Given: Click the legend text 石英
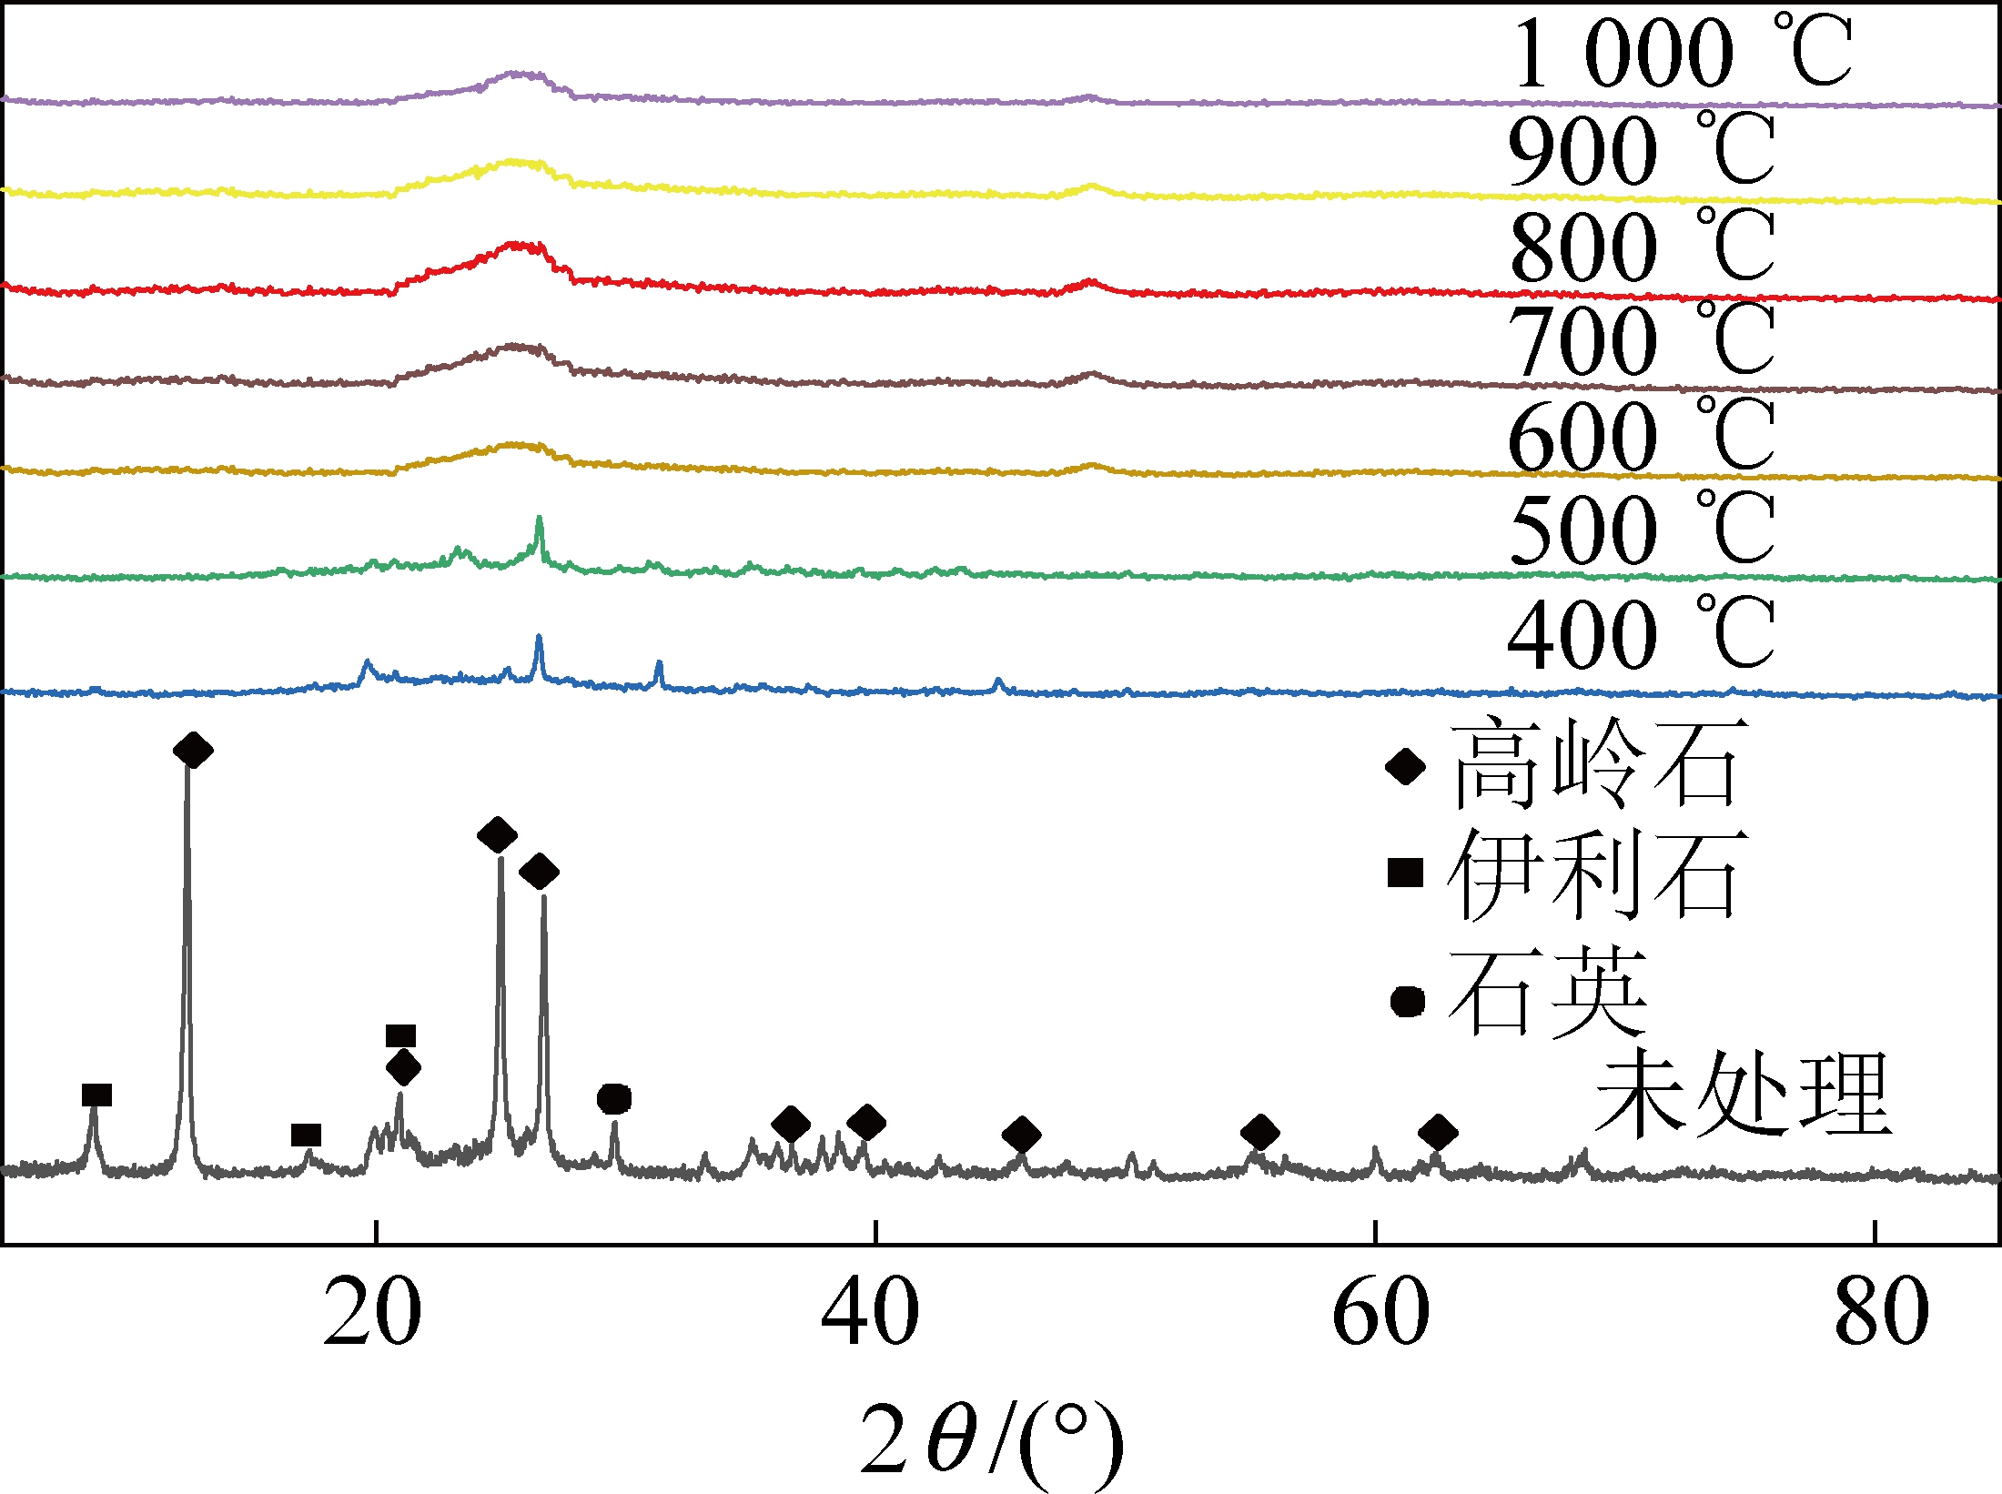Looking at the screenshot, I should [x=1548, y=993].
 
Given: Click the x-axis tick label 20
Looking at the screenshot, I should [x=372, y=1313].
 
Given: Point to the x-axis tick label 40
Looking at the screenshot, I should [x=870, y=1313].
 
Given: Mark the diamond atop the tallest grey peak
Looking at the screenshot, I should [x=193, y=751].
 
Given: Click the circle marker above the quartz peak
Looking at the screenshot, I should [x=614, y=1099].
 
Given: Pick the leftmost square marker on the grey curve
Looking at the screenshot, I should [x=96, y=1095].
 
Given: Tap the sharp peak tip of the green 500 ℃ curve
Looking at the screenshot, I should [x=540, y=519].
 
